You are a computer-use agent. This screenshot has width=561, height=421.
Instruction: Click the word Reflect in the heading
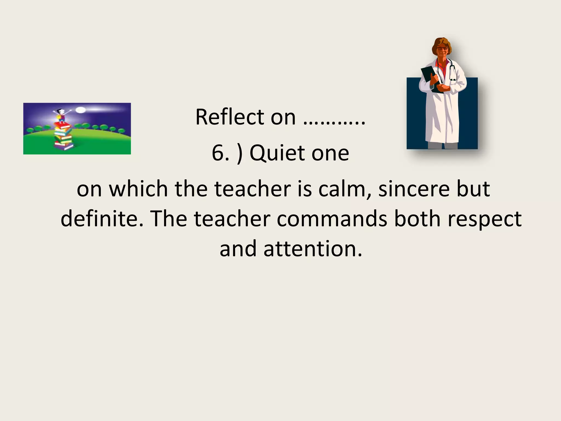[x=230, y=117]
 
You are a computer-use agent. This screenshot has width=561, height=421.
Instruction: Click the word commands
[x=332, y=219]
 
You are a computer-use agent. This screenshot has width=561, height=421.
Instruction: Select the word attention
[x=313, y=249]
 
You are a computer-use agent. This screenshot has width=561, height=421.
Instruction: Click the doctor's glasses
[x=442, y=49]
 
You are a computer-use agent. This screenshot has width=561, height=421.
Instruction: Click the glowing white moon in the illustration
[x=81, y=110]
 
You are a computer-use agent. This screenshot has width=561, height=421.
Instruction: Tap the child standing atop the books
[x=61, y=115]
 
